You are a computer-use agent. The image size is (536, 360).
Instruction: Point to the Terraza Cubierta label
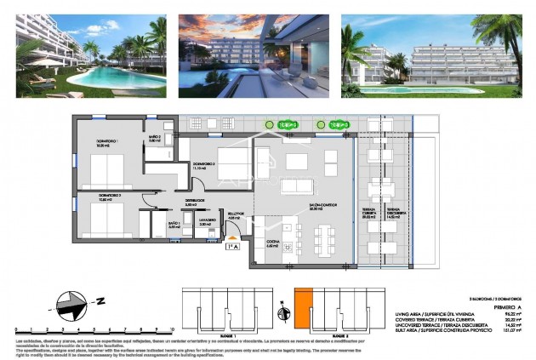point(368,214)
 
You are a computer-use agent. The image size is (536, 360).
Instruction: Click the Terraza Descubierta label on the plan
point(394,214)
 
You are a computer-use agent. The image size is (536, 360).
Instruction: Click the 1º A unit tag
point(231,248)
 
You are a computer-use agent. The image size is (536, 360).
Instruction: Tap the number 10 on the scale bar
point(171,328)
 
